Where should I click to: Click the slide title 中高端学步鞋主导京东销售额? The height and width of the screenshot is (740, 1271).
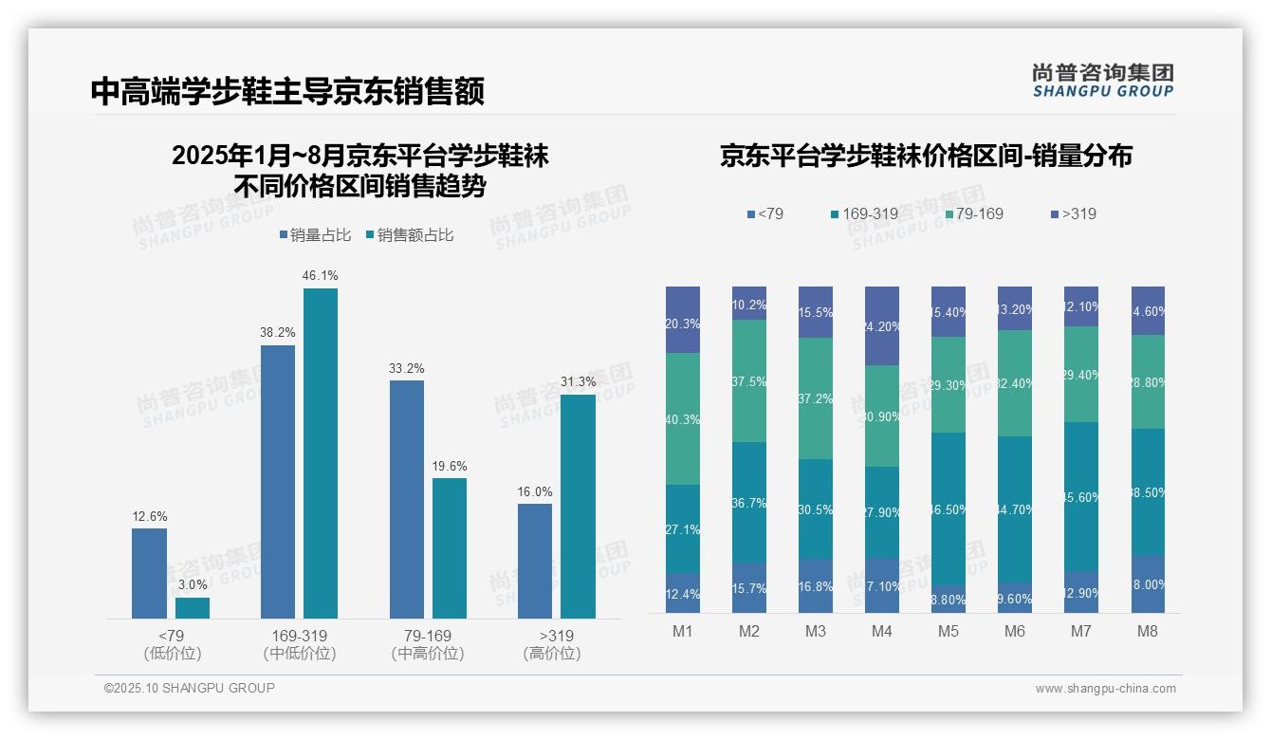point(287,91)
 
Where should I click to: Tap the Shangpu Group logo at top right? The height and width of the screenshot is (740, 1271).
point(1102,80)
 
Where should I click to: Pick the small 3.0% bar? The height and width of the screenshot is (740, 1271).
point(193,607)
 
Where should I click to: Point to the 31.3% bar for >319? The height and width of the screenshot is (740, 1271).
point(578,506)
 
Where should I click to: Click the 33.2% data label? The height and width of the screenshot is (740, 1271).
point(407,368)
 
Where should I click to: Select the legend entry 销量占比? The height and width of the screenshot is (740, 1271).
point(315,235)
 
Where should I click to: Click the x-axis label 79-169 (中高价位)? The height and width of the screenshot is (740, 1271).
point(428,644)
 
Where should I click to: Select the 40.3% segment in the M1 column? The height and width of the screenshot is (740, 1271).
point(683,418)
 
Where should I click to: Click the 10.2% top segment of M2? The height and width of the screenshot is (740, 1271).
point(749,303)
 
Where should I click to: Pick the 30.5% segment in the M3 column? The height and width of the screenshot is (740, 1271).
point(816,509)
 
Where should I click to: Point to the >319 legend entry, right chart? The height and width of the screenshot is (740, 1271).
point(1073,213)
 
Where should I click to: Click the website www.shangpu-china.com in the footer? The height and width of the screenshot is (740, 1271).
point(1105,689)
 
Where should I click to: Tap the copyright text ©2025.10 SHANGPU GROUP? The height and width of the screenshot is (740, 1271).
point(190,689)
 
